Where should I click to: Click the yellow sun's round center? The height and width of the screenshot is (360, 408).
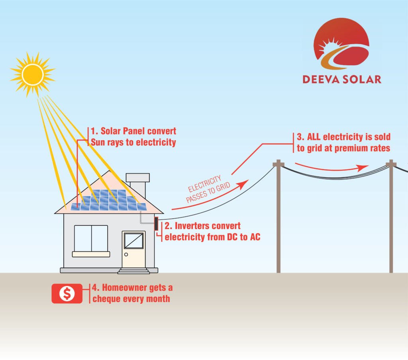click(x=33, y=74)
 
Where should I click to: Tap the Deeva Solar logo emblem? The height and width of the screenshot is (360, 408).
click(x=341, y=44)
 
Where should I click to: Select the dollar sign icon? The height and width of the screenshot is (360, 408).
click(x=67, y=293)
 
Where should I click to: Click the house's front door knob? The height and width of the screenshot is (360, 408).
click(x=126, y=254)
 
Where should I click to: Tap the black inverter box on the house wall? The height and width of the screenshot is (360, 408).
click(x=156, y=224)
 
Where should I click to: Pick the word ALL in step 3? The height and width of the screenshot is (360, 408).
click(x=314, y=137)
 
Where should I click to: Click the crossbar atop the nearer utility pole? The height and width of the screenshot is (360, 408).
click(x=279, y=164)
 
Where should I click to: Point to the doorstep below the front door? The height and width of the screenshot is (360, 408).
click(x=134, y=271)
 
